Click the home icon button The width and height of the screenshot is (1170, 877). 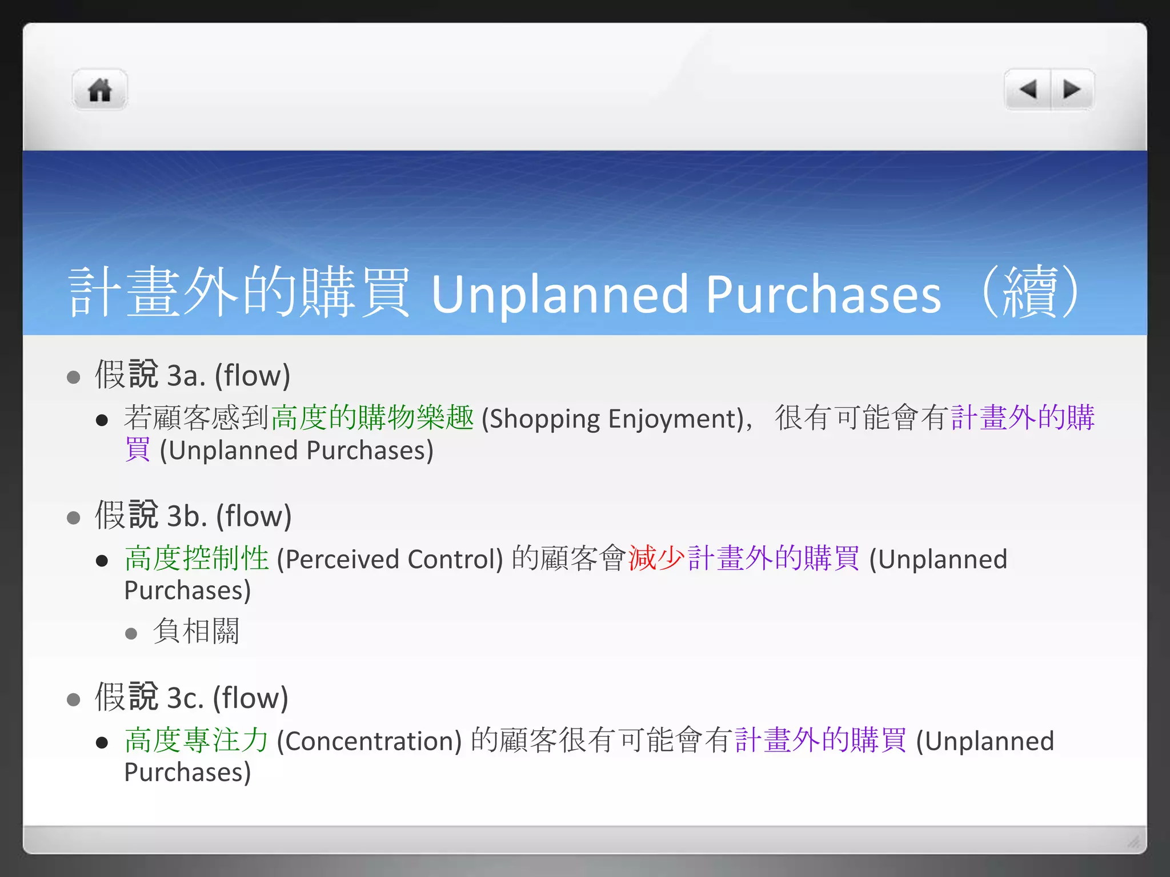99,90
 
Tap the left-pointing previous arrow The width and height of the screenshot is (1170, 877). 1028,90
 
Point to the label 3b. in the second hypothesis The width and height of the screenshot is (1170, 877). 186,516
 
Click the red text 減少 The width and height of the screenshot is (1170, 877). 656,558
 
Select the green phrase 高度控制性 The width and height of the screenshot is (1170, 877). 197,558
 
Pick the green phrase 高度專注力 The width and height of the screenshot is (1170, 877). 197,740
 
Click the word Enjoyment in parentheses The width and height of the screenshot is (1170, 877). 675,419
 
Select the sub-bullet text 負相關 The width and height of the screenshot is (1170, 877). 196,631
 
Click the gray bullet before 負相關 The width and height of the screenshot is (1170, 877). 131,633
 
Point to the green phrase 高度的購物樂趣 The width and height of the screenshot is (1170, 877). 372,417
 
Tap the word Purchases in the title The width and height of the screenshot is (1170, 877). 823,295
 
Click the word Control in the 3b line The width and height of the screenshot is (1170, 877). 455,559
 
